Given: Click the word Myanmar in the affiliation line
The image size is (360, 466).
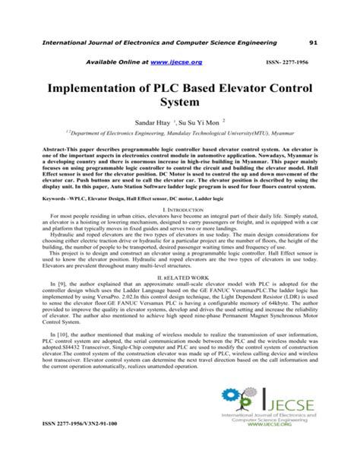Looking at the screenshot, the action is click(289, 153).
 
